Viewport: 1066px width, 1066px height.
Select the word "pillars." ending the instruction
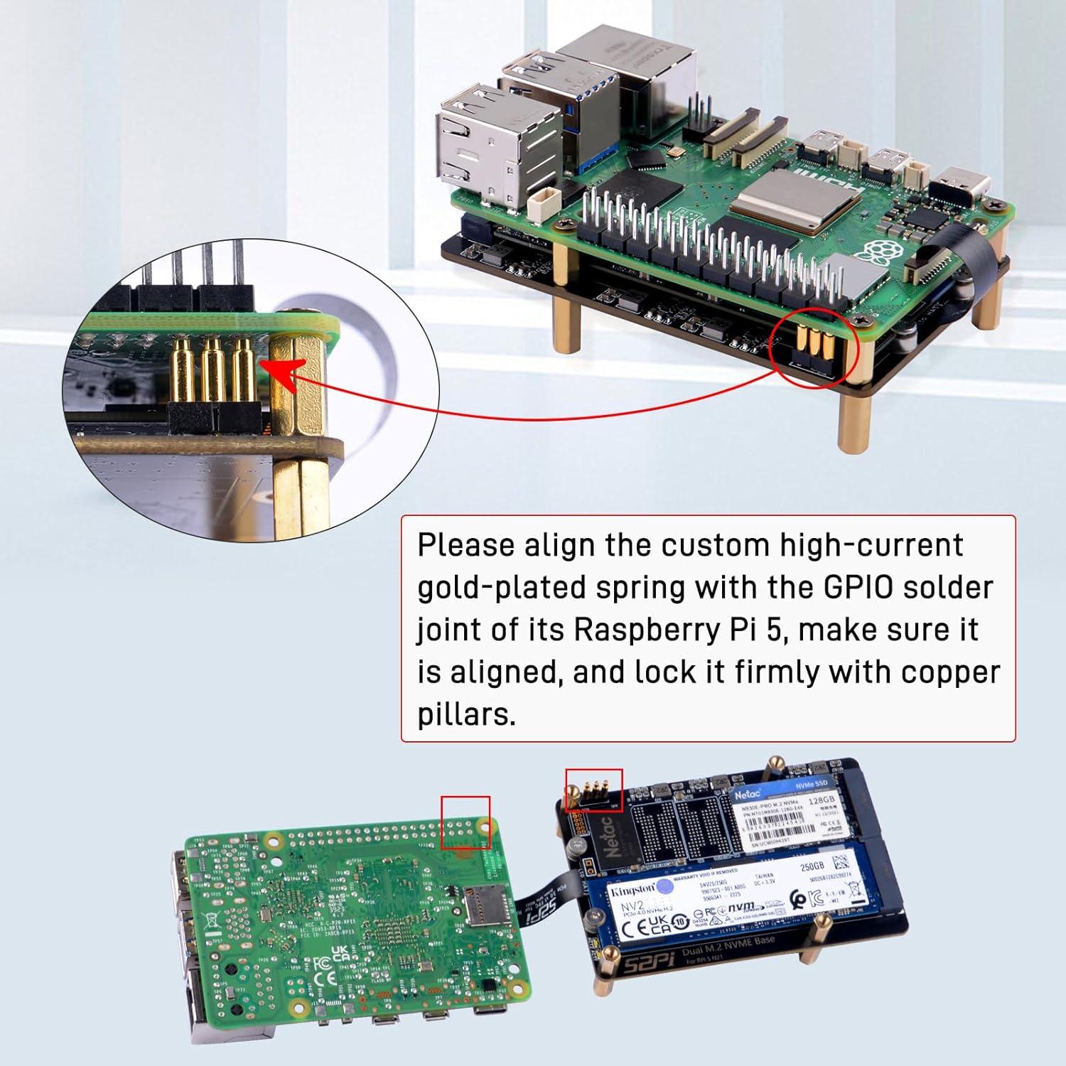[x=465, y=714]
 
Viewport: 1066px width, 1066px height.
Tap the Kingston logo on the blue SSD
[x=630, y=890]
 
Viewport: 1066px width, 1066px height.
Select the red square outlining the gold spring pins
[x=593, y=790]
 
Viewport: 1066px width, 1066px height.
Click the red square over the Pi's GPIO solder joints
[x=465, y=822]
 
